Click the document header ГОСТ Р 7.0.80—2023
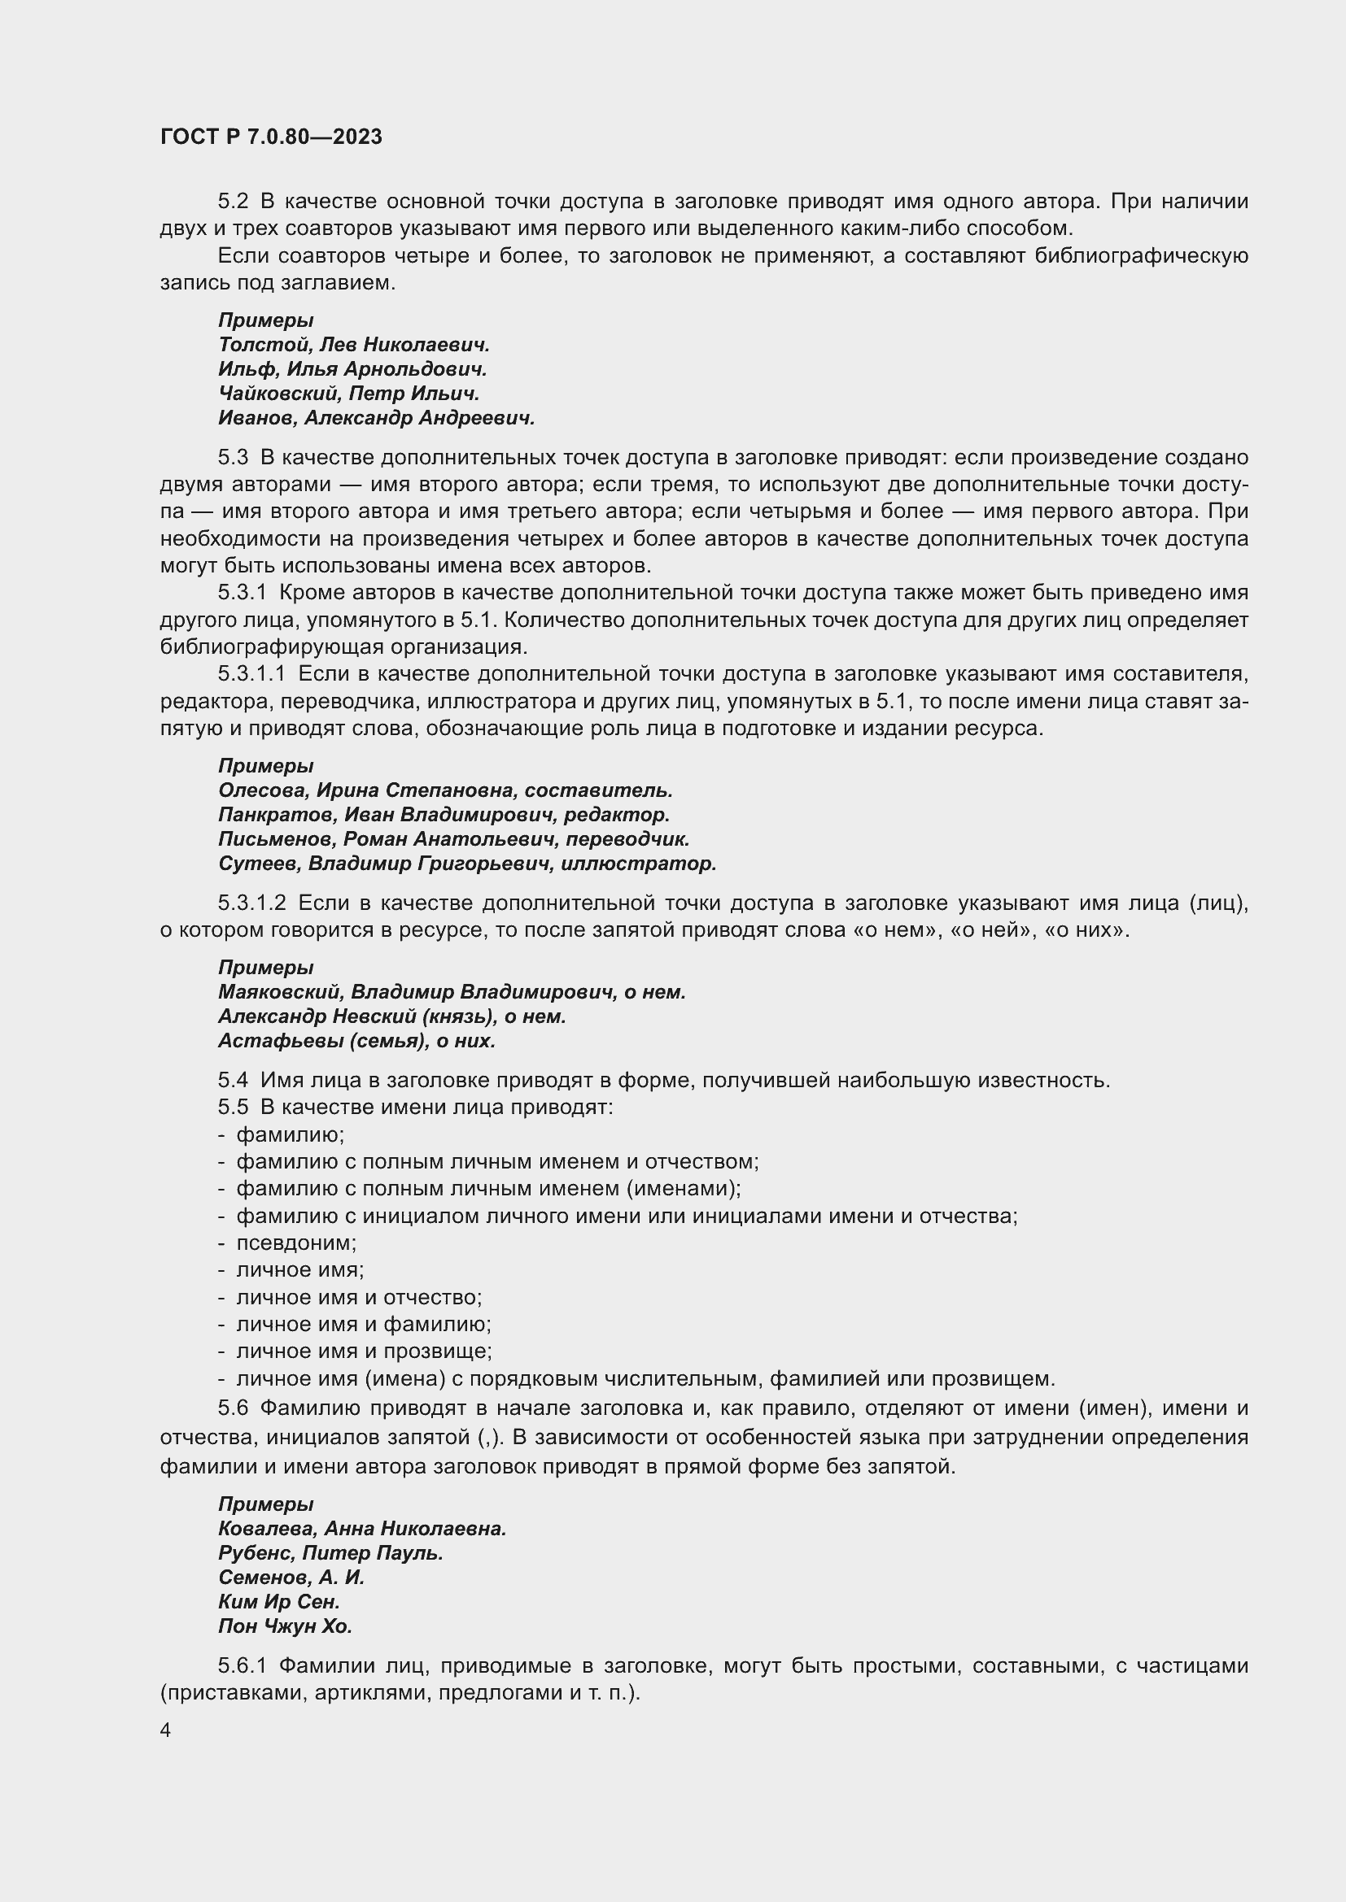[271, 137]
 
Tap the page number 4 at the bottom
[166, 1730]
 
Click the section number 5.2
[233, 202]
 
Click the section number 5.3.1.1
[251, 674]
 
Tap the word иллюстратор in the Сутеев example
[638, 864]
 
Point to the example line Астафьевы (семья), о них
[356, 1041]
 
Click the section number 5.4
[233, 1080]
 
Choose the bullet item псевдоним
[296, 1243]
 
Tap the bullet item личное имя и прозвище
[363, 1351]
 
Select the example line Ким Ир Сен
[279, 1601]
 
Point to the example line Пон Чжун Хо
[285, 1626]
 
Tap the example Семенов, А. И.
[291, 1578]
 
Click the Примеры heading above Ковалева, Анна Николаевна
[266, 1504]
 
